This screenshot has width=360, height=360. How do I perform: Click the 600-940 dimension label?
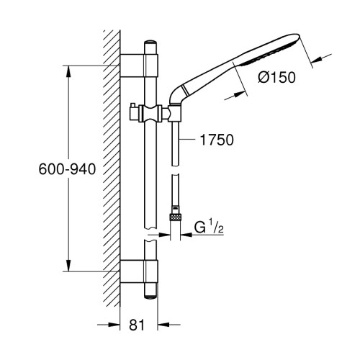pyautogui.click(x=67, y=169)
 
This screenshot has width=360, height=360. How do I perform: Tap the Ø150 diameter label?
pyautogui.click(x=277, y=78)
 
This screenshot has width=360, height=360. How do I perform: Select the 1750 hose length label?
pyautogui.click(x=217, y=140)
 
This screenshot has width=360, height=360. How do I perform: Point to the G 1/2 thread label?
pyautogui.click(x=209, y=228)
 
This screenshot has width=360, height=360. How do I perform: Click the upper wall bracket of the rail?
pyautogui.click(x=139, y=66)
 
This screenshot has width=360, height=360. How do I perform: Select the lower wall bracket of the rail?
pyautogui.click(x=139, y=271)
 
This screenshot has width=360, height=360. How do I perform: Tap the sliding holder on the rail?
pyautogui.click(x=151, y=113)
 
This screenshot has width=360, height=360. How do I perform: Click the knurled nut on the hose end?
pyautogui.click(x=175, y=217)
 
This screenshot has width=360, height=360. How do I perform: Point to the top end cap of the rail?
pyautogui.click(x=151, y=42)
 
